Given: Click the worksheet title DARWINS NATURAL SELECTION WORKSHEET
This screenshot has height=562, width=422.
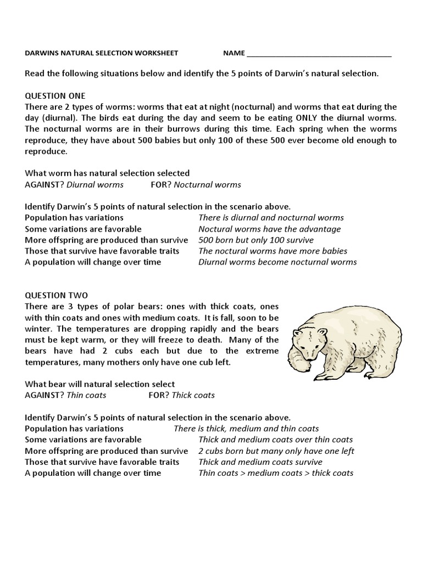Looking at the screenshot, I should [102, 53].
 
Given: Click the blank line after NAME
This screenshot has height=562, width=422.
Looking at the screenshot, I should [319, 54].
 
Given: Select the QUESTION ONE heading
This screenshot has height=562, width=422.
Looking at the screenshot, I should [55, 95].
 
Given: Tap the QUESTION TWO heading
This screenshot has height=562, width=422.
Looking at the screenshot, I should [56, 295].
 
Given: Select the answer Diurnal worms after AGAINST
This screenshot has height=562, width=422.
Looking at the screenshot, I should [95, 184].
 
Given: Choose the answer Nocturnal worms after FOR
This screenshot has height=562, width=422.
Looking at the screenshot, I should [207, 184].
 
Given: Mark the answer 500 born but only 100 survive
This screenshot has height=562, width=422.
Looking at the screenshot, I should [256, 240].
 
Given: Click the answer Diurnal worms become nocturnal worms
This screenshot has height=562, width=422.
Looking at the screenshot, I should [277, 262].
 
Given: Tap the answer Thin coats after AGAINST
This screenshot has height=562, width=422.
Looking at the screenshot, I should [86, 395].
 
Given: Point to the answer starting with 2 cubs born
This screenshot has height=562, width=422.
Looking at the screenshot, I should [276, 451].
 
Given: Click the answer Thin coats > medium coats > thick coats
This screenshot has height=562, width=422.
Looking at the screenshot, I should [275, 473].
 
